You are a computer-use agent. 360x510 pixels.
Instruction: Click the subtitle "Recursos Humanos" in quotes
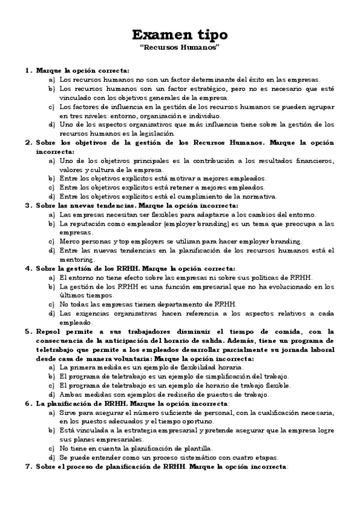coord(180,48)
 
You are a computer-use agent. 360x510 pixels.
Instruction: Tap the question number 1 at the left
coord(28,70)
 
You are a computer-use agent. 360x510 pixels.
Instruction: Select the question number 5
coord(28,331)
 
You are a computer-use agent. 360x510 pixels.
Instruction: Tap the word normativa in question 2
coord(260,196)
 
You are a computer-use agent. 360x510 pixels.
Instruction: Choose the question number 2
coord(28,143)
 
